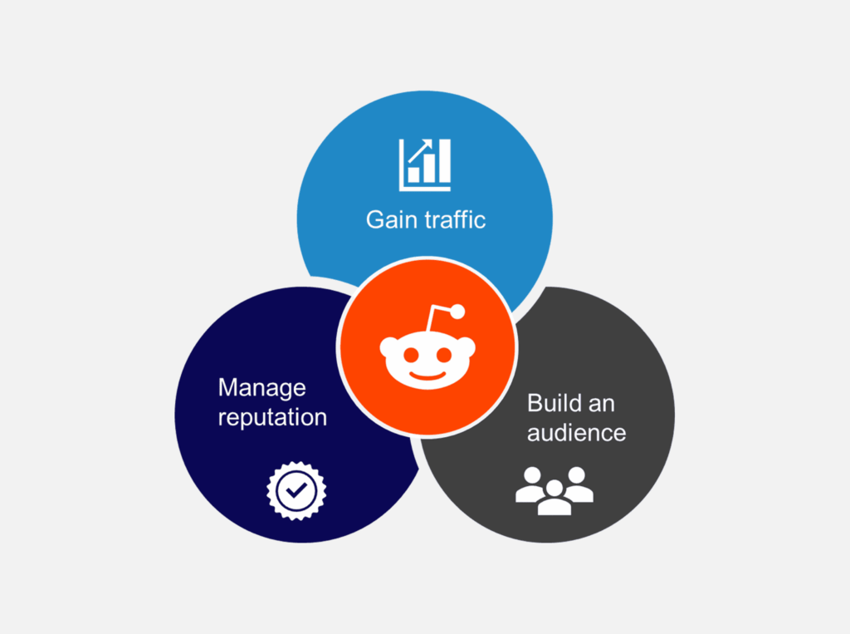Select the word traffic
point(456,219)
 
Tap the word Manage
point(261,389)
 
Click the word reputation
point(272,418)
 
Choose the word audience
point(576,433)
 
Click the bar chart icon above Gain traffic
point(425,165)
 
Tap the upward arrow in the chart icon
point(420,151)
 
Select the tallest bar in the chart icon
point(445,160)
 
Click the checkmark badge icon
point(296,491)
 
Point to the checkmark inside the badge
point(296,490)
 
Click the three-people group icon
point(554,491)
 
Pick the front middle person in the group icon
point(554,498)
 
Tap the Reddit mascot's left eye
point(412,355)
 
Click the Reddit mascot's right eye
point(444,355)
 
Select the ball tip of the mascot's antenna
point(457,312)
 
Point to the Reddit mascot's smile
point(427,375)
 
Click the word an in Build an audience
point(602,405)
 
